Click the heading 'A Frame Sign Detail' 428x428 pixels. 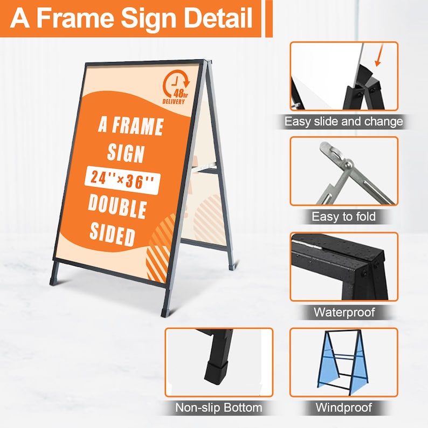(x=132, y=18)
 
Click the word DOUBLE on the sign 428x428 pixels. (x=117, y=207)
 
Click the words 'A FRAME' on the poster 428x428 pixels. (x=130, y=127)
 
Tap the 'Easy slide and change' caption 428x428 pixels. (x=343, y=121)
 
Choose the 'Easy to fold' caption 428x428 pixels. (x=343, y=217)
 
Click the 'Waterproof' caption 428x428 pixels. (x=344, y=312)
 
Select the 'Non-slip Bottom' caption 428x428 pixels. (x=218, y=408)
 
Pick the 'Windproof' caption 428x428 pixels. (x=343, y=408)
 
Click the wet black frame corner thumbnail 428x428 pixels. (x=343, y=266)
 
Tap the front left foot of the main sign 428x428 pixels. (x=54, y=279)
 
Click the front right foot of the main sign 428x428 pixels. (x=165, y=310)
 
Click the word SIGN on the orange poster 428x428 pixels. (x=126, y=154)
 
